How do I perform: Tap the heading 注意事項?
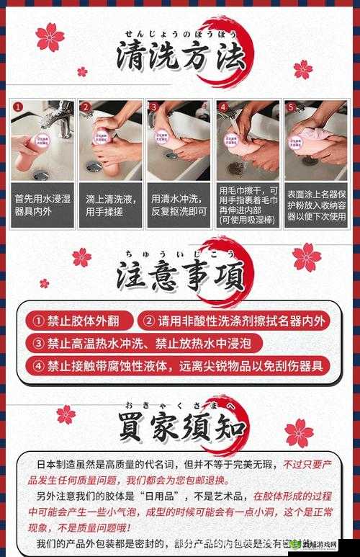(x=180, y=277)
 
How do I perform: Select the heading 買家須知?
(x=180, y=426)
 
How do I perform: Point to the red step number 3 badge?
(x=153, y=107)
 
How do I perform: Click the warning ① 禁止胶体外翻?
(x=78, y=321)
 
